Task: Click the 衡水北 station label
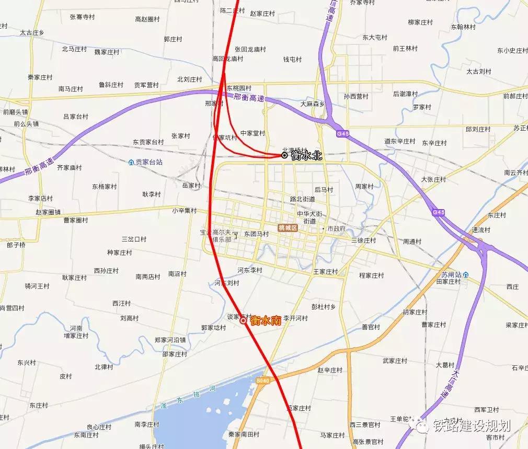(x=307, y=155)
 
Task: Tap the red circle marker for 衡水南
(x=243, y=321)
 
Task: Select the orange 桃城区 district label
(x=288, y=228)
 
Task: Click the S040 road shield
(x=263, y=381)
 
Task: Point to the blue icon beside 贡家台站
(x=131, y=163)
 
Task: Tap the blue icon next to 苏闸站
(x=465, y=274)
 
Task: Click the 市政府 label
(x=336, y=229)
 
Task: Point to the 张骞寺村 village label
(x=82, y=17)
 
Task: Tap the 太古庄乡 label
(x=32, y=32)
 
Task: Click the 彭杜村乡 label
(x=330, y=306)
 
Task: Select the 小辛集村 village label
(x=184, y=211)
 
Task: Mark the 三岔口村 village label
(x=134, y=239)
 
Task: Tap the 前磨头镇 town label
(x=15, y=111)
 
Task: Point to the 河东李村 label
(x=249, y=270)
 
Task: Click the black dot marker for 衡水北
(x=284, y=155)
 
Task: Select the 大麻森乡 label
(x=312, y=104)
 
